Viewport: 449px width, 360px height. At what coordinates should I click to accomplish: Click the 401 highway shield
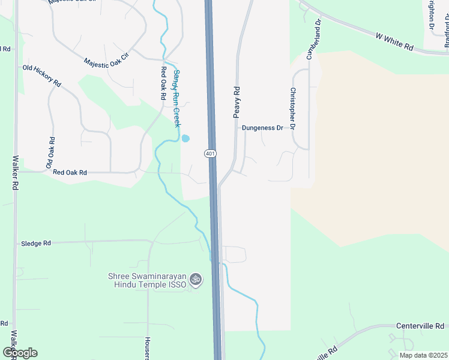point(210,154)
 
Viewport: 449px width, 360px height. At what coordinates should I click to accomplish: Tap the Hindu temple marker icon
point(194,279)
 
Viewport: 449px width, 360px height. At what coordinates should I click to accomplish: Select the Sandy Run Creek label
point(176,98)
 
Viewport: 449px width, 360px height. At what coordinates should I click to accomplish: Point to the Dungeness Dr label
point(262,128)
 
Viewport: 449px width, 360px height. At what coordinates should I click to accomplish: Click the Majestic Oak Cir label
point(106,62)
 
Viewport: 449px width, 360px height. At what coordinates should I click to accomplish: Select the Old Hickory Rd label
point(42,75)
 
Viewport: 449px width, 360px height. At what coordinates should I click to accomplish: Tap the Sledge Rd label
point(36,244)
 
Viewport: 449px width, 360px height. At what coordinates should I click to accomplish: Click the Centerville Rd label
point(420,326)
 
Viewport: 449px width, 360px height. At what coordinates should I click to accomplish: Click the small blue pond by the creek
point(185,139)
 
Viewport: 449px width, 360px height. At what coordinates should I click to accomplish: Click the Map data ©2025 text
point(423,355)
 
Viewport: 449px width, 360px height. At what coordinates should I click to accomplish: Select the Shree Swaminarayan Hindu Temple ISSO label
point(147,280)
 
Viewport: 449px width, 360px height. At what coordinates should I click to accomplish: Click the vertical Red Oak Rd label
point(163,83)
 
